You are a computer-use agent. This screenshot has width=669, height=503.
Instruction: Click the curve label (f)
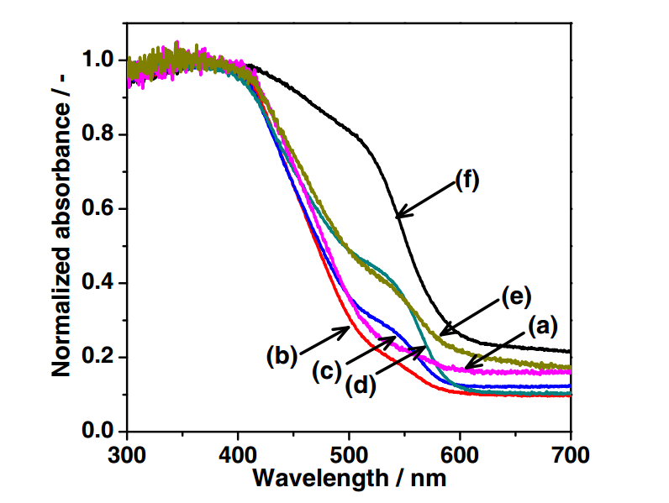tap(466, 180)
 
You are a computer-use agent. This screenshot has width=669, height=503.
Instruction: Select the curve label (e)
tap(519, 296)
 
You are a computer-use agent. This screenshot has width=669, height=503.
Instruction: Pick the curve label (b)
tap(282, 356)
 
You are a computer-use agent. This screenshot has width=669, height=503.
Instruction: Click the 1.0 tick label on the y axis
tap(101, 60)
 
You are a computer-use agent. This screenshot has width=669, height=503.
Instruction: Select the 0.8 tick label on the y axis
tap(101, 134)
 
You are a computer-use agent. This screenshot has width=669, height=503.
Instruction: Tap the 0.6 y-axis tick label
tap(101, 209)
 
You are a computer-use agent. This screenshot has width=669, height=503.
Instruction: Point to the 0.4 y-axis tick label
tap(101, 284)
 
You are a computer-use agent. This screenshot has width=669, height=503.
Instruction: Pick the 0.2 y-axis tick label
tap(101, 358)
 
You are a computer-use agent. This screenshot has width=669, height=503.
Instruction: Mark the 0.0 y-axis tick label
tap(101, 432)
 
